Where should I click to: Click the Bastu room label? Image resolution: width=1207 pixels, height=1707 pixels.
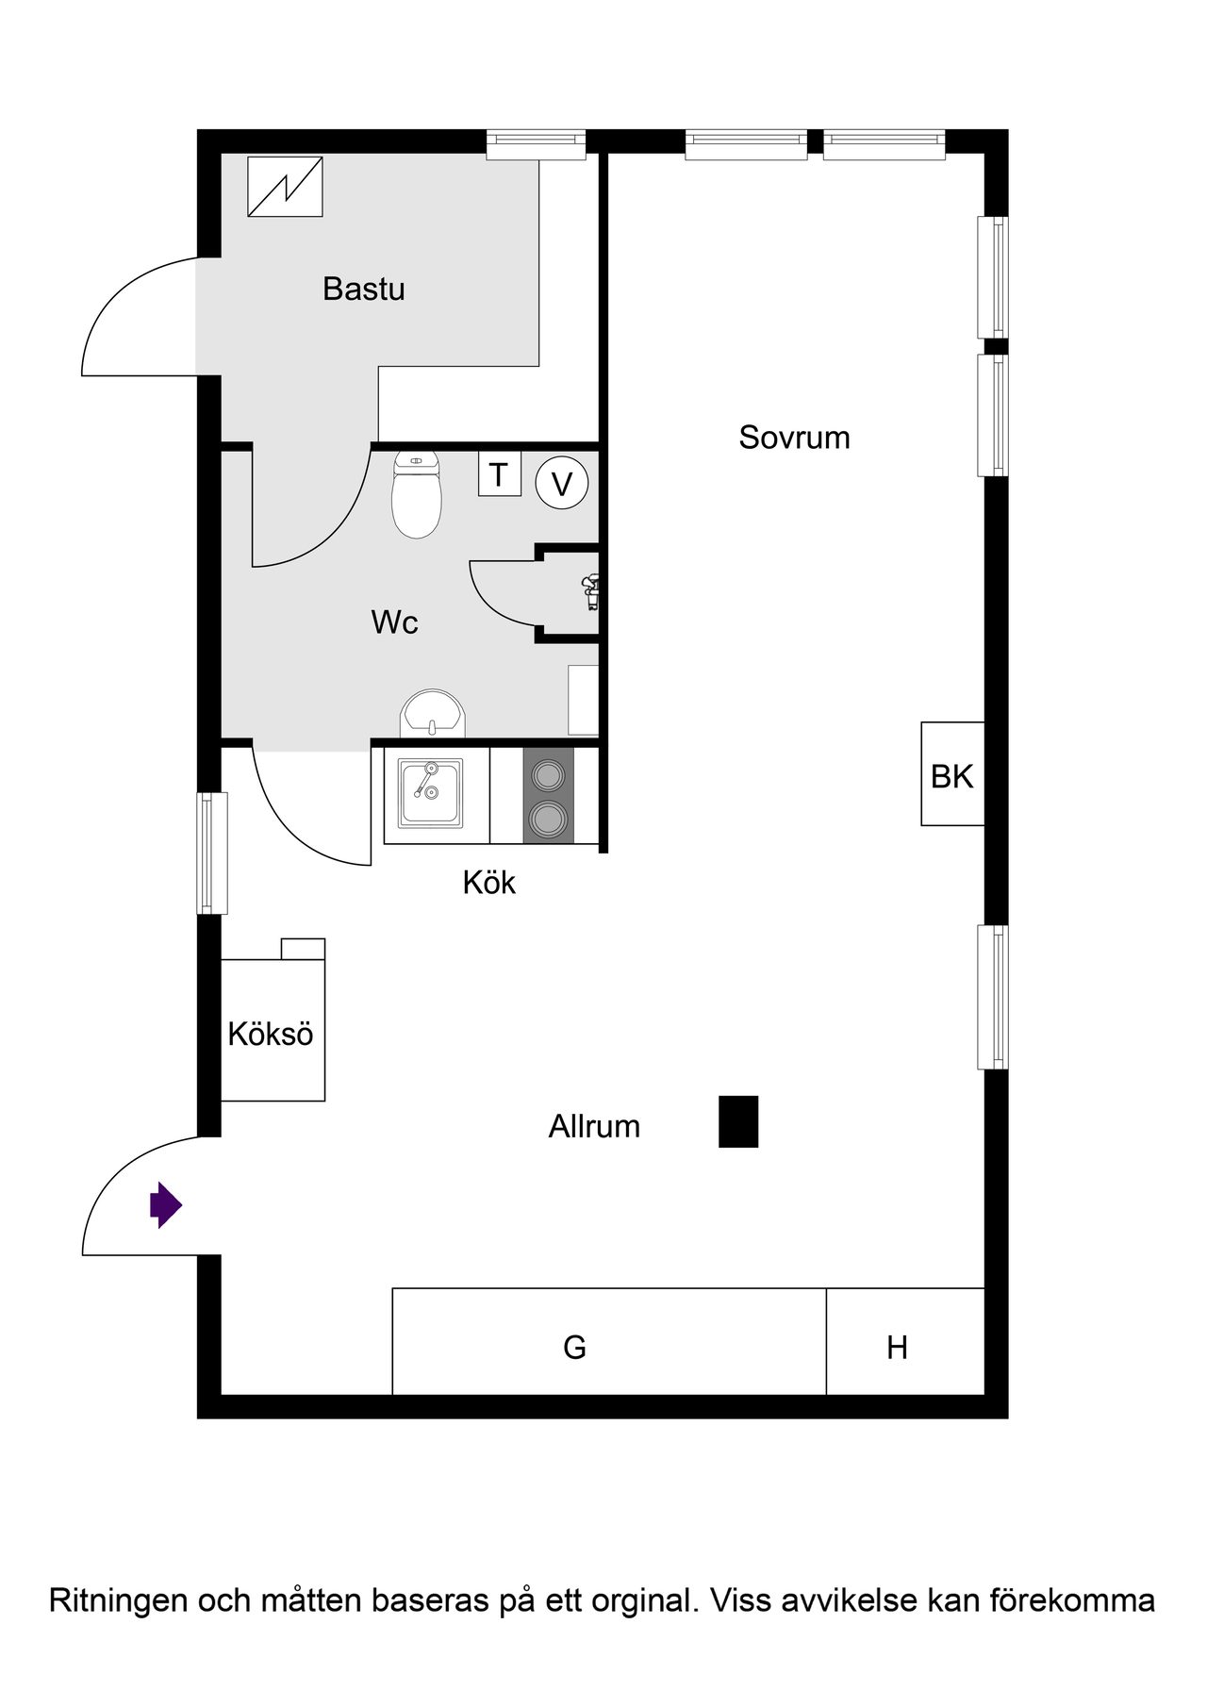tap(364, 289)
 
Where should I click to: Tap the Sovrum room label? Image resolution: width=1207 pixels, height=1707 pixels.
tap(794, 438)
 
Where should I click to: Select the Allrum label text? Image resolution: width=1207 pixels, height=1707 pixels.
tap(594, 1126)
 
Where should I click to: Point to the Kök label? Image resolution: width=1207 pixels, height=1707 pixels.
tap(488, 883)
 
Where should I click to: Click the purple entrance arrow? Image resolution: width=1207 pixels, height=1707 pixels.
tap(165, 1204)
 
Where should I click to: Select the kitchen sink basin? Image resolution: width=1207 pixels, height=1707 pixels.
tap(430, 792)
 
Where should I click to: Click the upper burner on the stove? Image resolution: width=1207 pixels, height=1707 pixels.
tap(548, 775)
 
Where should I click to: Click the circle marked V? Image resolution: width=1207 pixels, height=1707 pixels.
tap(562, 484)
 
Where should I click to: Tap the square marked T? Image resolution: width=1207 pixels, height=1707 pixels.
tap(499, 474)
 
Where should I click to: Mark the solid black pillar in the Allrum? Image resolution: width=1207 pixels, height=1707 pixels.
tap(738, 1121)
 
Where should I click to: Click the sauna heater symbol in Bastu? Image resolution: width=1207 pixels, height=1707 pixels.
tap(285, 187)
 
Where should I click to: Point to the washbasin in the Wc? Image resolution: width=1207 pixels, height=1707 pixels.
tap(433, 714)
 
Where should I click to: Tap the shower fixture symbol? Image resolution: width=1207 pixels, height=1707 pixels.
tap(591, 592)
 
